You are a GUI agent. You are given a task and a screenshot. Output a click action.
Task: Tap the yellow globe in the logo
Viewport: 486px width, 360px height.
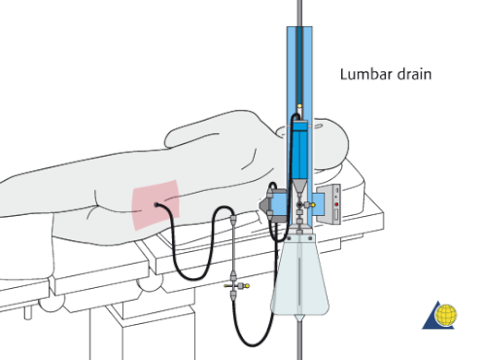click(x=448, y=316)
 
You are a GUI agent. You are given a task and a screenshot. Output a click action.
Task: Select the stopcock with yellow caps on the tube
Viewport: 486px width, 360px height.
click(x=234, y=285)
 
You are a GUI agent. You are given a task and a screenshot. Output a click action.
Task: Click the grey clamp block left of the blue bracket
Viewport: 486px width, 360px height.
click(x=266, y=204)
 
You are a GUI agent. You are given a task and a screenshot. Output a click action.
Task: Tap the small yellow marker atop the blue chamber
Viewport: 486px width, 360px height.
click(x=298, y=110)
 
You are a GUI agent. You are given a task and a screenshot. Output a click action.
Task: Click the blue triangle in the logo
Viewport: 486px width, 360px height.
click(x=434, y=316)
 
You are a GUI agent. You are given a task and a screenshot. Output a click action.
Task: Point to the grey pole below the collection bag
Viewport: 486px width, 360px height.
click(x=298, y=341)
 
